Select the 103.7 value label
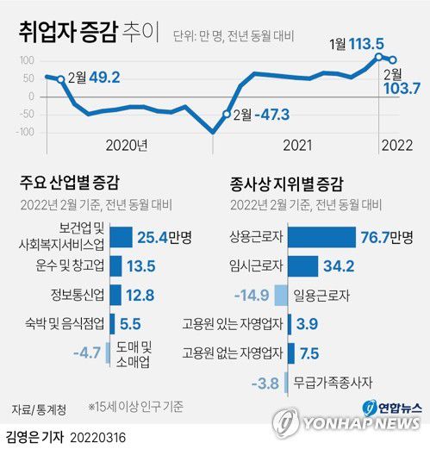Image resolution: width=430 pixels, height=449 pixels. [398, 88]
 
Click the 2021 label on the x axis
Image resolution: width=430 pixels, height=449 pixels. [297, 145]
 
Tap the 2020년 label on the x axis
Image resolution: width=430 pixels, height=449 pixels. [127, 145]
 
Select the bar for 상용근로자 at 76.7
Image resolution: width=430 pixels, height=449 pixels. [321, 237]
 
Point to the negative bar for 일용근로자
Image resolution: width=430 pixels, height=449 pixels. [281, 296]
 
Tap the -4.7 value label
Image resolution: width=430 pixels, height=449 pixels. [88, 353]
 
